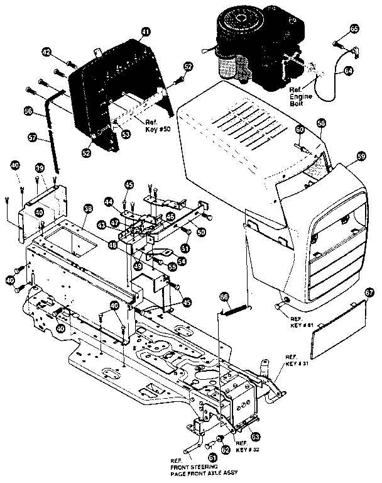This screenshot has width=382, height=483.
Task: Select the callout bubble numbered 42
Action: coord(46,52)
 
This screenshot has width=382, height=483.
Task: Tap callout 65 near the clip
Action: coord(355,29)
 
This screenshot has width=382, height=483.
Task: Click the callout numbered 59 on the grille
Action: coord(360,155)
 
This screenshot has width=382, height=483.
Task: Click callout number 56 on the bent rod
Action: coord(28,110)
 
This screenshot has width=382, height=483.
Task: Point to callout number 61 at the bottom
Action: coord(212,458)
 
